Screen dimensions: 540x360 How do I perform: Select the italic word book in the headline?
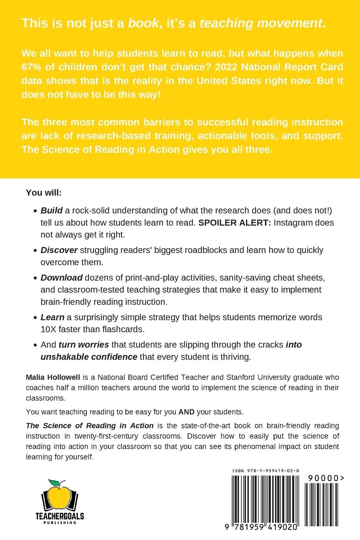pyautogui.click(x=143, y=23)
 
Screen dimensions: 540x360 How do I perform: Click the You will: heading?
pyautogui.click(x=44, y=193)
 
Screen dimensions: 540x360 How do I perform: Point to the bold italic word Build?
pyautogui.click(x=49, y=210)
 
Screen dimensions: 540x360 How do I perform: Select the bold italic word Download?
pyautogui.click(x=62, y=278)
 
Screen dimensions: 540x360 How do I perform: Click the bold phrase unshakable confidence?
pyautogui.click(x=89, y=357)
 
